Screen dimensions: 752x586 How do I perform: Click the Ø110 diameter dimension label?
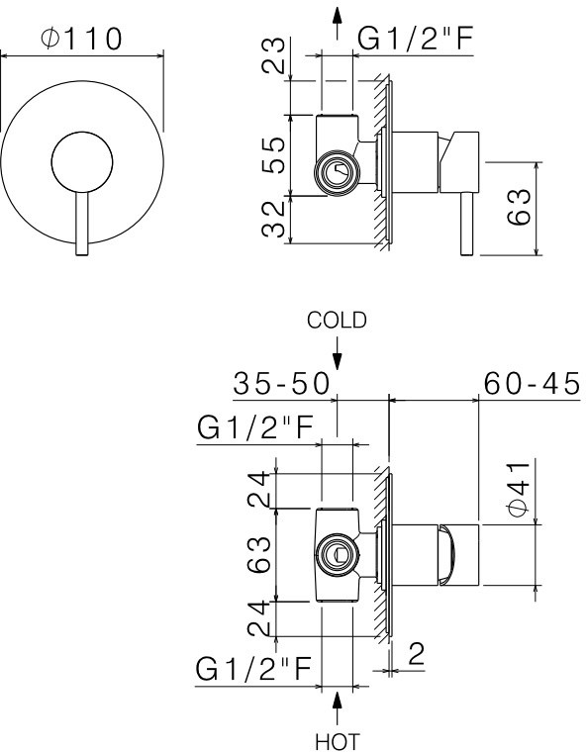click(x=82, y=39)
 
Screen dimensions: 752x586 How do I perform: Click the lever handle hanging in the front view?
click(x=82, y=223)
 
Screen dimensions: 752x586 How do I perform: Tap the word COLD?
click(x=337, y=320)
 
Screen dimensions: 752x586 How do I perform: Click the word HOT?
click(x=337, y=740)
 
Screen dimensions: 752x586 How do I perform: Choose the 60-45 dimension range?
click(x=532, y=383)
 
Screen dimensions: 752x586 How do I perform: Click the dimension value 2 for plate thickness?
click(x=416, y=653)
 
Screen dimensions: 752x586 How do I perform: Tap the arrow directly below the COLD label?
click(x=338, y=352)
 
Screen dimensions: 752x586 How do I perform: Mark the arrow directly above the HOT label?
click(x=338, y=705)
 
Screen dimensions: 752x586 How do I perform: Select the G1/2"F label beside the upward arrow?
click(x=411, y=39)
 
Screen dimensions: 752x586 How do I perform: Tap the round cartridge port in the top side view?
click(x=335, y=174)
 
